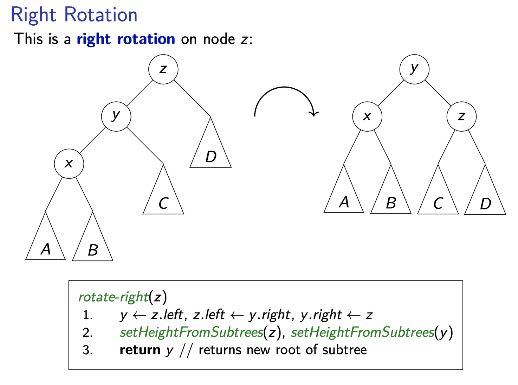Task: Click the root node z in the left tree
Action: coord(163,69)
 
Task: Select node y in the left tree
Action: coord(116,116)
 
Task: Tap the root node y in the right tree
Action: coord(414,69)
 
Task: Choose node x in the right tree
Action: coord(367,116)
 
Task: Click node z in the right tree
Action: coord(461,116)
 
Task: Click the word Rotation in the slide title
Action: coord(101,15)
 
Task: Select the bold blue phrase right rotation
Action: coord(126,39)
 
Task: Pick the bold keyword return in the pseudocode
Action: coord(140,350)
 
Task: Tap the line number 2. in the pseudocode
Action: coord(88,333)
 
